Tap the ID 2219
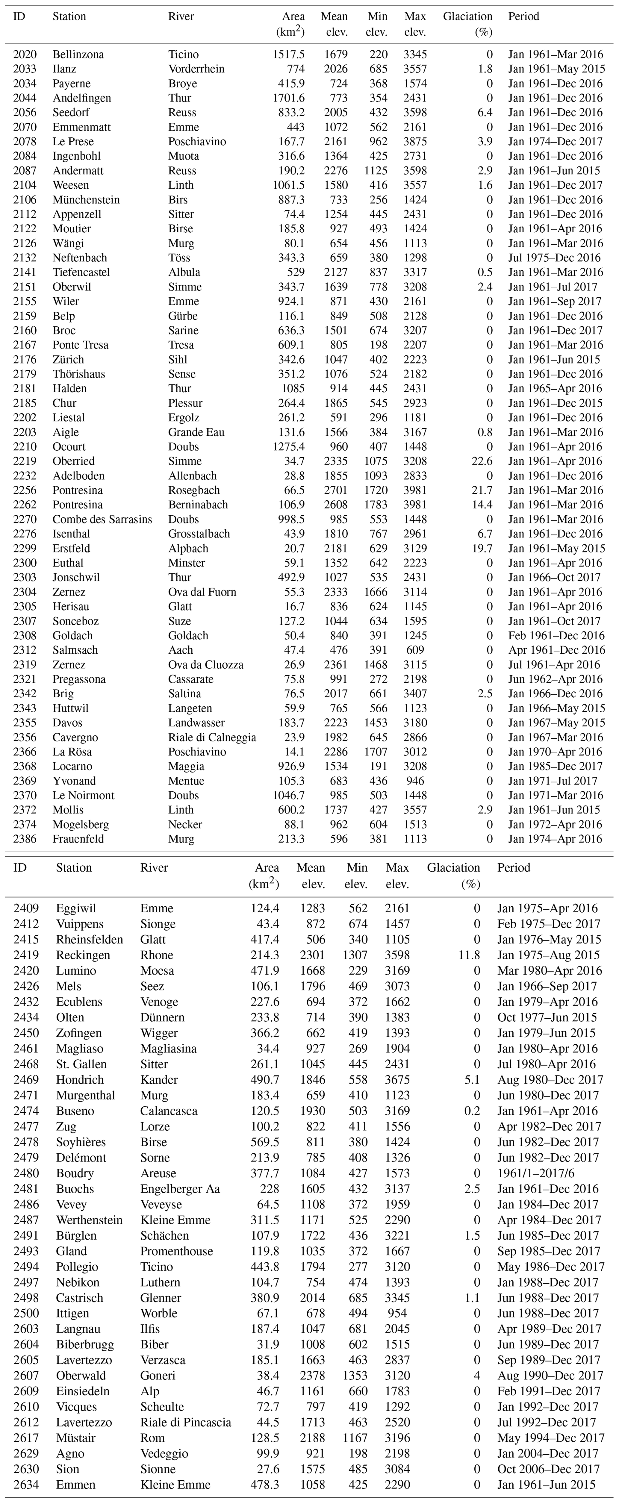25,461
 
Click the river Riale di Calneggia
212,737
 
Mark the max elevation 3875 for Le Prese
415,142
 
